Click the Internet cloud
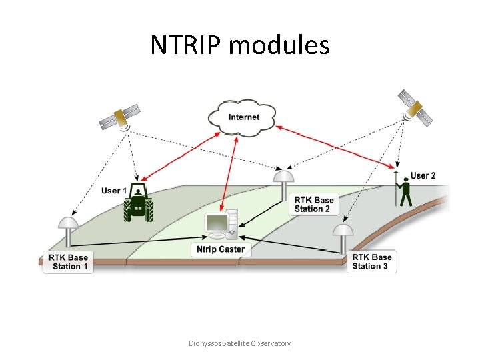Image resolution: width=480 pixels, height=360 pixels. (243, 117)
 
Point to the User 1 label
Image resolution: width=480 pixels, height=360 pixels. (114, 191)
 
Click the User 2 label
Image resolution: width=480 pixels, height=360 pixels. (423, 175)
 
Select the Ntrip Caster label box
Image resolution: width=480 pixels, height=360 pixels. (221, 249)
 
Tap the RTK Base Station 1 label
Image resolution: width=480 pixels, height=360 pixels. (67, 262)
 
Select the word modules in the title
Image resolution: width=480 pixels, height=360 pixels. (279, 45)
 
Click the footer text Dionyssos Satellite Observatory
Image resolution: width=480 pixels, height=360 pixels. (240, 343)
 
